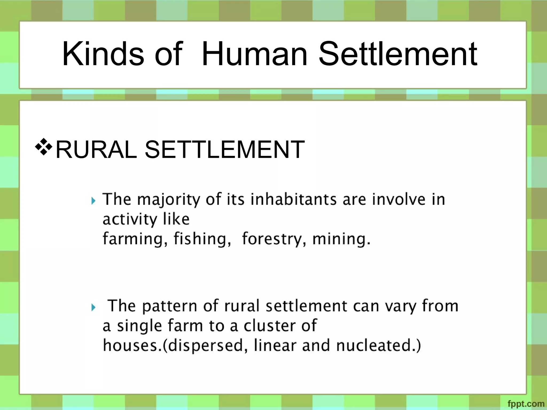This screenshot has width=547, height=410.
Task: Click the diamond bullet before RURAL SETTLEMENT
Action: click(44, 147)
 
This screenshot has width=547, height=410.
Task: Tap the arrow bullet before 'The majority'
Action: click(93, 200)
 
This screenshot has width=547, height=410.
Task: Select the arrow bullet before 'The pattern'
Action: click(93, 307)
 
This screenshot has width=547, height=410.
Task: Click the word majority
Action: click(169, 200)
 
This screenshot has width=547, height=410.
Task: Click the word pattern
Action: click(170, 306)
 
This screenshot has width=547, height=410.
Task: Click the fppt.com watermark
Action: click(526, 404)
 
